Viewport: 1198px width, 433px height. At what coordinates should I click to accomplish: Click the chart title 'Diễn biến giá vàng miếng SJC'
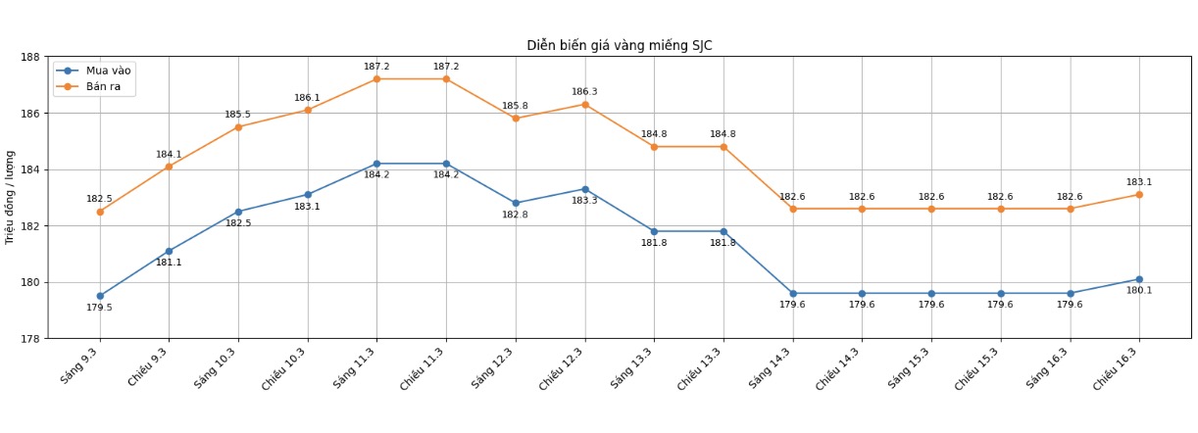click(619, 46)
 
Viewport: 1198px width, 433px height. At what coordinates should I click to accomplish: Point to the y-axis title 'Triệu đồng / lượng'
click(11, 197)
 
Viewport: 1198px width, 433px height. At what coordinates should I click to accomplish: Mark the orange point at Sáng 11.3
click(376, 79)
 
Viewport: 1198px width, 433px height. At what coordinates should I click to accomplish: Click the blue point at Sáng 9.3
click(100, 296)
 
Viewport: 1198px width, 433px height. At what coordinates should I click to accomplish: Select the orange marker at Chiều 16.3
click(1139, 195)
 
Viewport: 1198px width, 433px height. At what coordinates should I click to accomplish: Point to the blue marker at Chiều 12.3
click(585, 189)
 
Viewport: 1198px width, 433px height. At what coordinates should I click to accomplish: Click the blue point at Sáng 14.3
click(793, 293)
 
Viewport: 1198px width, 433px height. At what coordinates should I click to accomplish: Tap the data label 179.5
click(99, 308)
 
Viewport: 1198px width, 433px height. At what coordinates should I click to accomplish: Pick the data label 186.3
click(584, 92)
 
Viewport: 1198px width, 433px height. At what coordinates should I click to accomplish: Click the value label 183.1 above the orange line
click(1139, 182)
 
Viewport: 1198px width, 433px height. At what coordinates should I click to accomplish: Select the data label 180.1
click(1139, 291)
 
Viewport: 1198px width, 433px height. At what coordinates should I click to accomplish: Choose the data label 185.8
click(515, 106)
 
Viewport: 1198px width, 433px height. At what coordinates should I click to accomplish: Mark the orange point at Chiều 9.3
click(169, 167)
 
